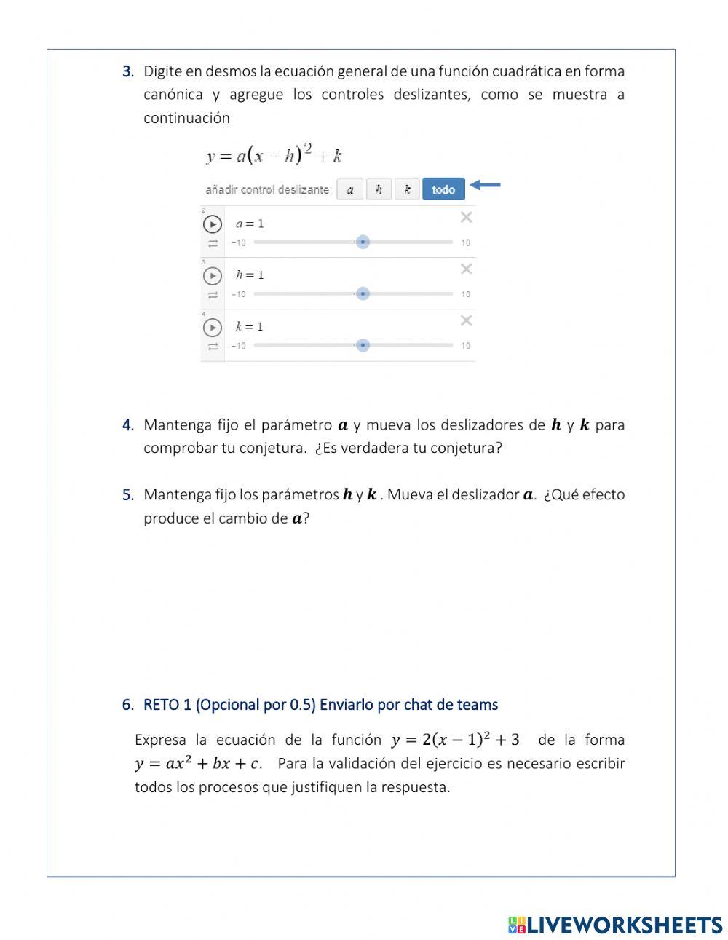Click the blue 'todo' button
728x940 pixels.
(x=443, y=189)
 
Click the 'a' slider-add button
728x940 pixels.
(x=350, y=189)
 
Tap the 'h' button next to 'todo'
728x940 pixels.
(x=379, y=189)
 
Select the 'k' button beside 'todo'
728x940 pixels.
(x=407, y=189)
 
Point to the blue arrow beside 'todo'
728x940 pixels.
(x=485, y=185)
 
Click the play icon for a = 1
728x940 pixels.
(x=212, y=224)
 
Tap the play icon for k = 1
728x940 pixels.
(x=212, y=327)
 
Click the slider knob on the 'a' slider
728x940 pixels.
(x=363, y=242)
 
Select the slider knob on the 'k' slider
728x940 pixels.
(x=363, y=345)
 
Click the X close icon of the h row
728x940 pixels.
(x=466, y=269)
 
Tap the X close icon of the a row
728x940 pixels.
(x=466, y=217)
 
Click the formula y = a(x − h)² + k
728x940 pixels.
(x=274, y=154)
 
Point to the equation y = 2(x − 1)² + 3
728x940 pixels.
(x=455, y=740)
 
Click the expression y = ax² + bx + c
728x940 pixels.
(x=197, y=764)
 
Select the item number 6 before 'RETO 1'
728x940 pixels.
(x=127, y=705)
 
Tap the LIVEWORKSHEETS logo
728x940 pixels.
(x=614, y=925)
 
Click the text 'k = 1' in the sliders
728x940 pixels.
(x=249, y=326)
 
